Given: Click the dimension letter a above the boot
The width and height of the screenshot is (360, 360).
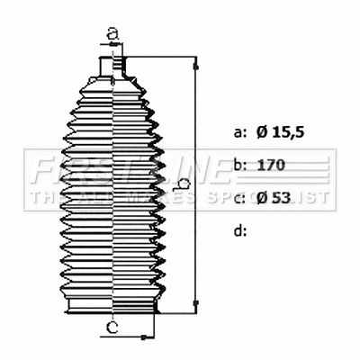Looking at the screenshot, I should coord(112,33).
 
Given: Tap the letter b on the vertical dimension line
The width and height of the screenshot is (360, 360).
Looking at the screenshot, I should coord(183,185).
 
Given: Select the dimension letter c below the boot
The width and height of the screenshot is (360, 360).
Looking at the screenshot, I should coord(111,327).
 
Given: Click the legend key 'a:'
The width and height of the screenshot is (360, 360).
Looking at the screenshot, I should coord(240,132).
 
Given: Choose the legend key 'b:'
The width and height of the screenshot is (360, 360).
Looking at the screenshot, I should coord(240,166).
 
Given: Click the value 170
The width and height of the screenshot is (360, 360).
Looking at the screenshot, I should coord(272,166).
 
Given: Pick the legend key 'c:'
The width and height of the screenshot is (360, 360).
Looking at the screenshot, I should coord(240,198).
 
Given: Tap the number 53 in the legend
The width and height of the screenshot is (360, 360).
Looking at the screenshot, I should coord(283,198).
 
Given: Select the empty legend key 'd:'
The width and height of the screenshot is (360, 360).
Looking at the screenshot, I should coord(240,230).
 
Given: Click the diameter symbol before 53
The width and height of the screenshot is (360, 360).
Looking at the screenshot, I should coord(261,198).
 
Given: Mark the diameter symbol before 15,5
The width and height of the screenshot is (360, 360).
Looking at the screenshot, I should coord(261,132).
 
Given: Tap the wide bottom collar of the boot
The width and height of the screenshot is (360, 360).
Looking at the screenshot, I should coord(112,308).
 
